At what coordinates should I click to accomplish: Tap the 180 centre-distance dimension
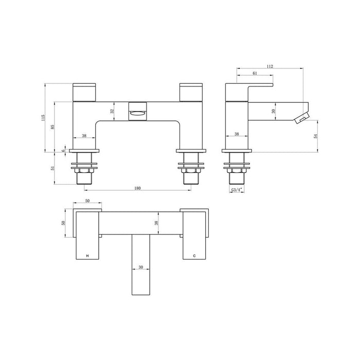tap(137, 188)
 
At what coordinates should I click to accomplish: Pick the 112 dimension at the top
tap(269, 66)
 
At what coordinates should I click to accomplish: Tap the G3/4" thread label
tap(237, 190)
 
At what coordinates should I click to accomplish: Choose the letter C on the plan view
tap(194, 256)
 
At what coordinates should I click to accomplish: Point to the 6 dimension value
tap(64, 150)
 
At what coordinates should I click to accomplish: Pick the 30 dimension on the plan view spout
tap(141, 267)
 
